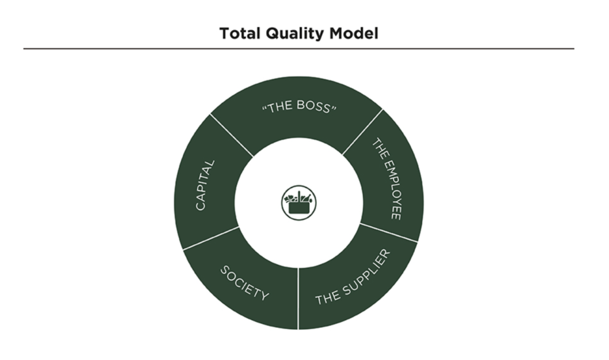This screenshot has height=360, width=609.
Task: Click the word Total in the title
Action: click(x=238, y=33)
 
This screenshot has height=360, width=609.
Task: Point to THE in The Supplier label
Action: click(x=327, y=296)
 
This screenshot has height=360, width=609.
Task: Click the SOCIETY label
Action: click(x=244, y=283)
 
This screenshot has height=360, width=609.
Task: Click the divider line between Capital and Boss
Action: click(x=231, y=134)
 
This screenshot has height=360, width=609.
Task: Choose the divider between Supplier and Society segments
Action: click(x=298, y=298)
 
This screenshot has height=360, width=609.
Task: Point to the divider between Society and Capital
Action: click(x=209, y=237)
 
